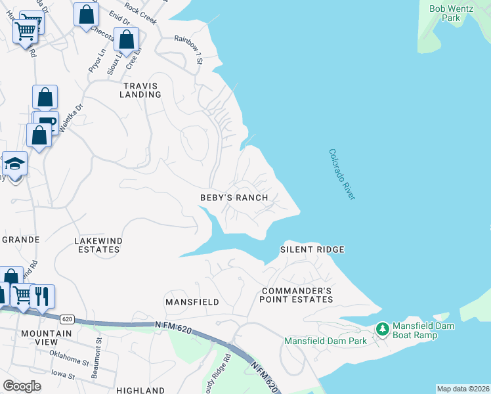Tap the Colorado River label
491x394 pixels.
[342, 174]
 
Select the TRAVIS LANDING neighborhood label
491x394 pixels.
[140, 90]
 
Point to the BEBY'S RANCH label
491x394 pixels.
[234, 198]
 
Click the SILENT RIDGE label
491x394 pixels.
[312, 250]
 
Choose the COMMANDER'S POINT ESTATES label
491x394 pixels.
[297, 295]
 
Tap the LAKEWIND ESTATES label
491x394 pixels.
[99, 245]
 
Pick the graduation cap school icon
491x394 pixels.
[14, 162]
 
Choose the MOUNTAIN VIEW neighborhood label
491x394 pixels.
[46, 338]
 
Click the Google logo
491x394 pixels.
[22, 386]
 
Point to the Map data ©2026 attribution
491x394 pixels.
[463, 389]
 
